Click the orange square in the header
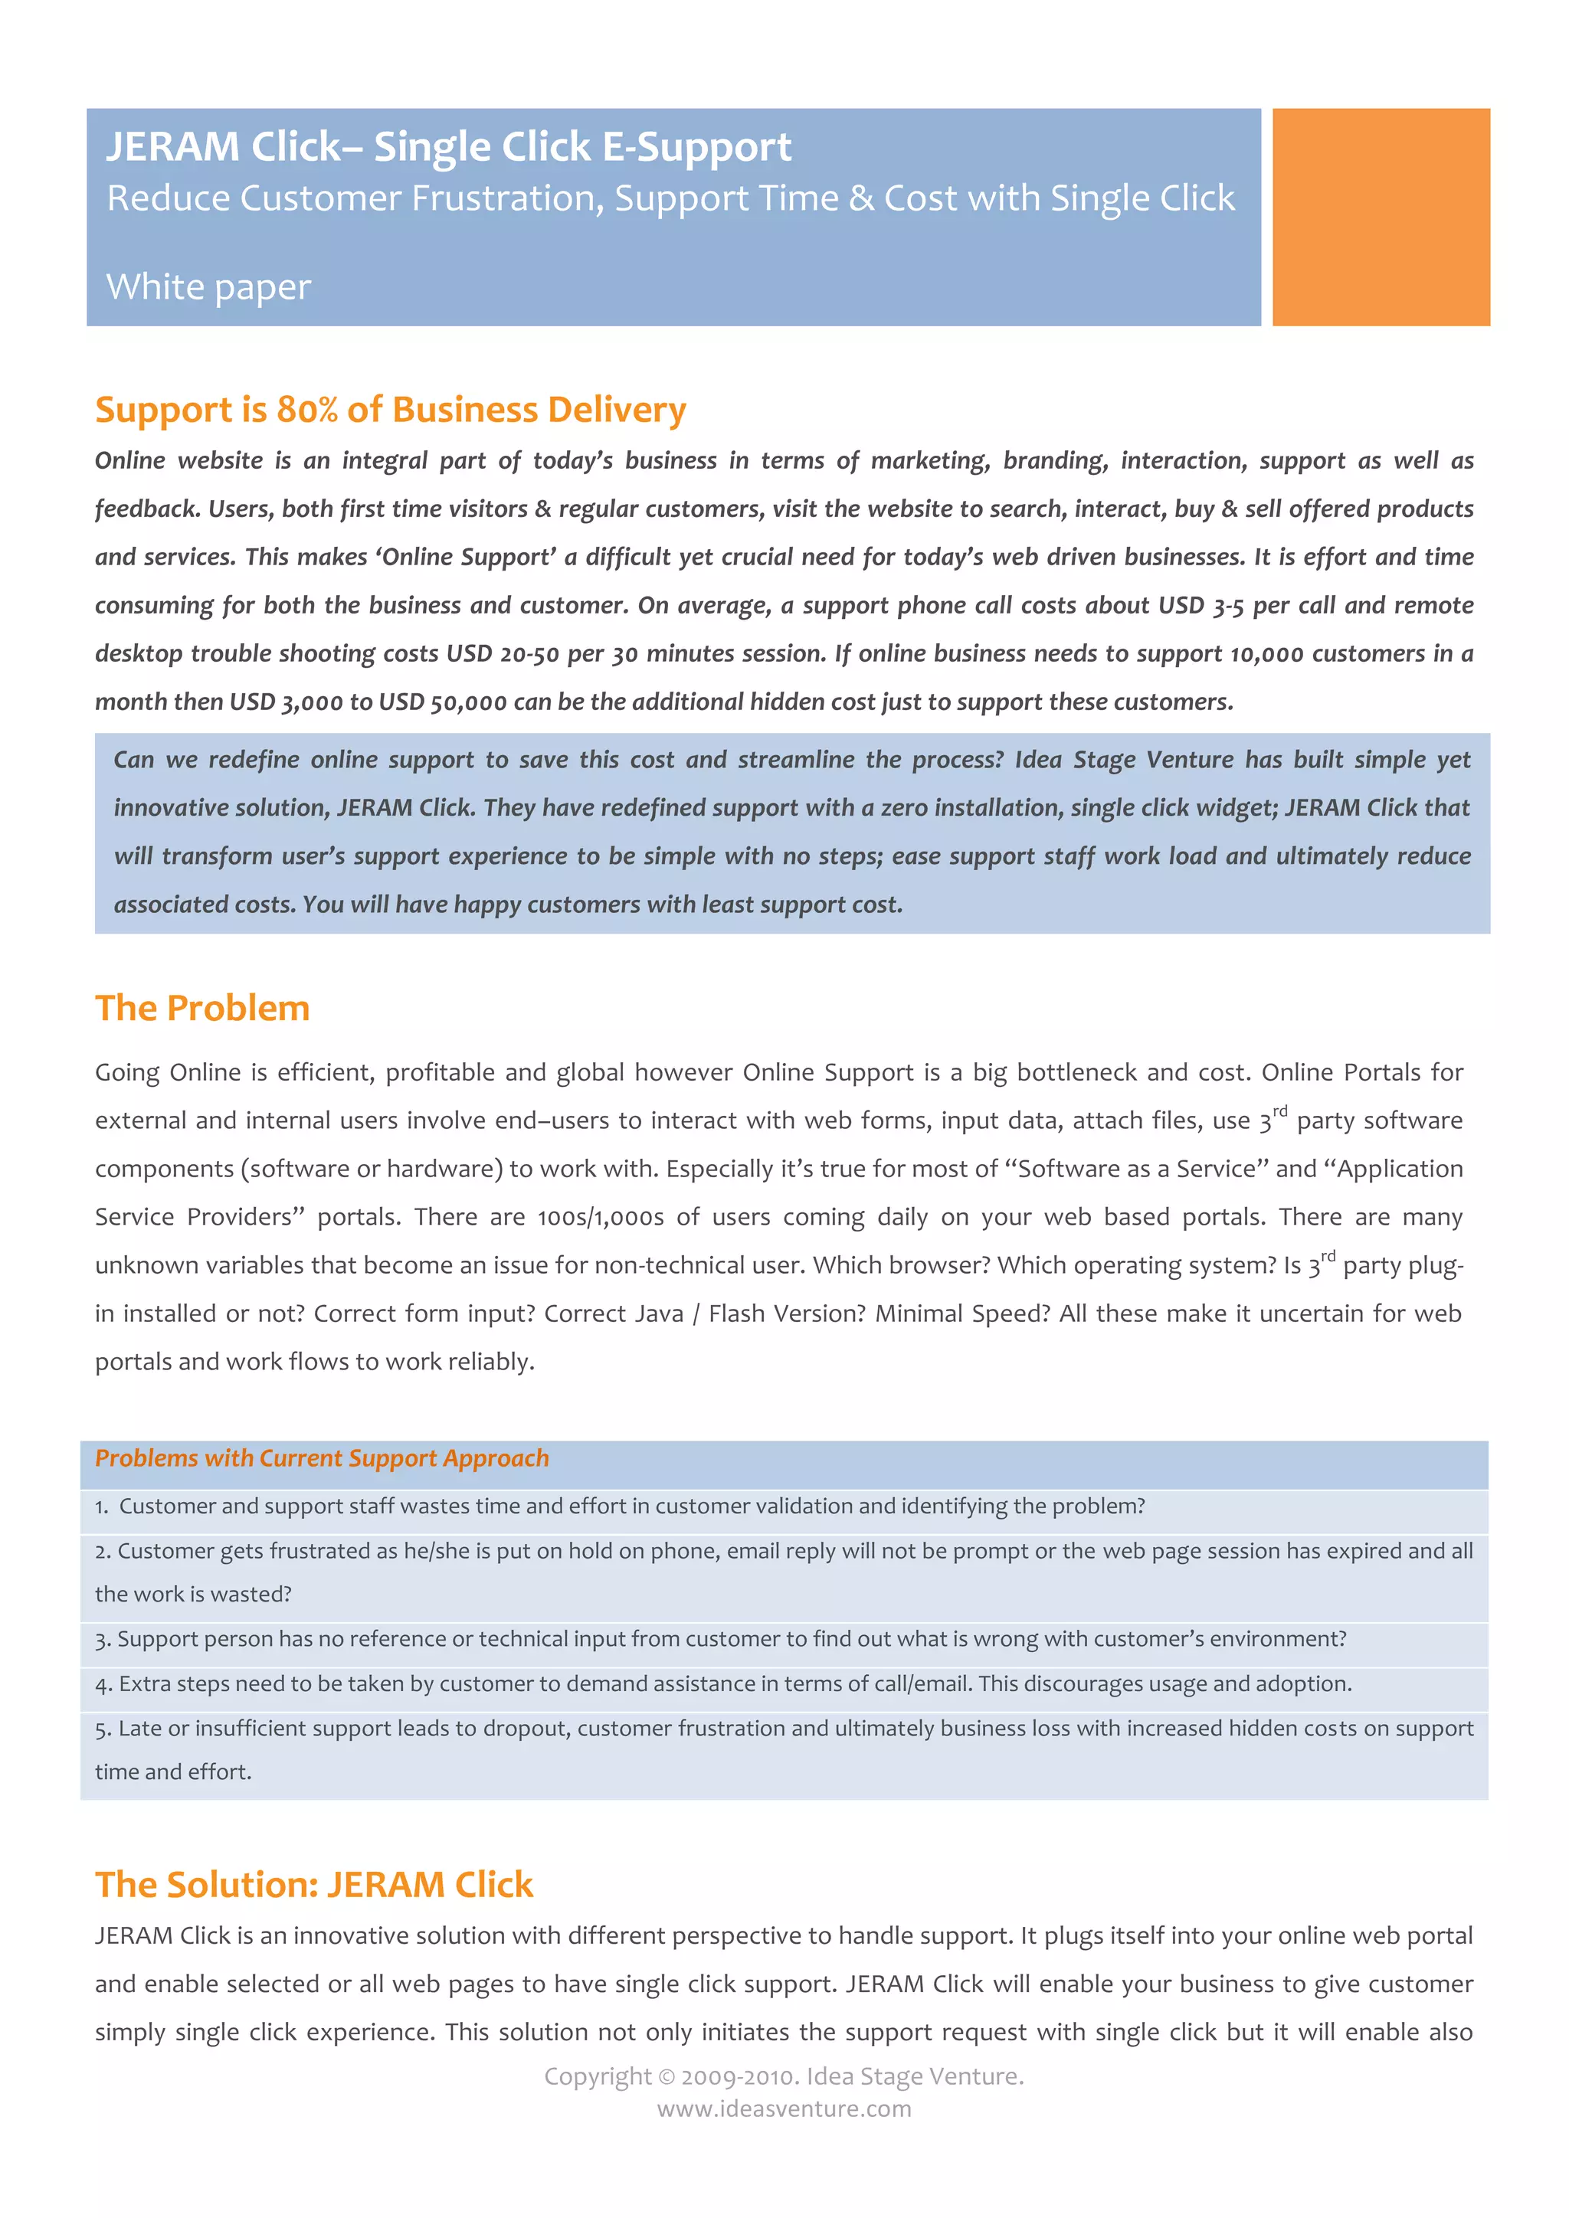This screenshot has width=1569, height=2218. point(1380,217)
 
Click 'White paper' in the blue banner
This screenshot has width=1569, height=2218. point(208,287)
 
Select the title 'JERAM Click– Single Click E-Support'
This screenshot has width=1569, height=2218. point(448,147)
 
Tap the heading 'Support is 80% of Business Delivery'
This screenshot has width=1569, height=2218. point(390,410)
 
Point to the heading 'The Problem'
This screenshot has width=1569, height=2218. point(202,1008)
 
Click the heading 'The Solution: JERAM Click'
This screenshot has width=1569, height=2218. point(314,1885)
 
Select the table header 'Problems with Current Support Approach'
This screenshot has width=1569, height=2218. point(322,1457)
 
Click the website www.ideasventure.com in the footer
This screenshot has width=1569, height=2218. point(784,2108)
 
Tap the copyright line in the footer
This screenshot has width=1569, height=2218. point(784,2076)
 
